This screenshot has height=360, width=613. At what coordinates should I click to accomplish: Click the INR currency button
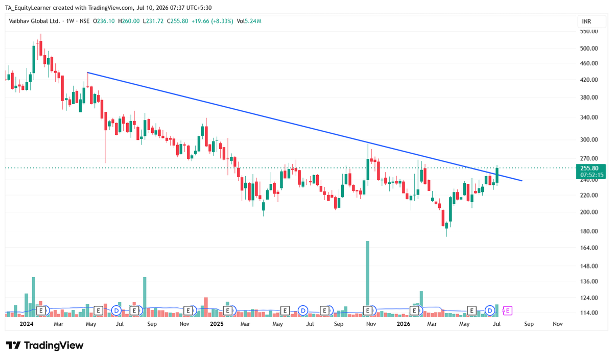click(592, 21)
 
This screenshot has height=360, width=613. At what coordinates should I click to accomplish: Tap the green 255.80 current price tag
click(591, 172)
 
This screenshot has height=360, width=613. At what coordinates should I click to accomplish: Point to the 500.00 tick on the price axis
click(589, 49)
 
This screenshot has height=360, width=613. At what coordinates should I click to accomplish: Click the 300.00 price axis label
click(589, 140)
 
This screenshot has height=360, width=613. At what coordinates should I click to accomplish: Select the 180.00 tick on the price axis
click(589, 231)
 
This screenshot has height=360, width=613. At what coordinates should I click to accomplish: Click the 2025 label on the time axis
click(217, 324)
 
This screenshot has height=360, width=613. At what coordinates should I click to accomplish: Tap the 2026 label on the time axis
click(404, 324)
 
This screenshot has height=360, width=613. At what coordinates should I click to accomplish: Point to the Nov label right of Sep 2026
click(558, 324)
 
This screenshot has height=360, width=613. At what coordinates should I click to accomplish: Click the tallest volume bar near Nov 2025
click(367, 279)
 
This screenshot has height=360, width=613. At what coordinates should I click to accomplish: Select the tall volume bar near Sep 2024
click(145, 297)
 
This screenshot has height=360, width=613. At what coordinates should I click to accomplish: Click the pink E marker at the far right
click(508, 311)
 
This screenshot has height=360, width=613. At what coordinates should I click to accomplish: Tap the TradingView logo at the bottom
click(44, 346)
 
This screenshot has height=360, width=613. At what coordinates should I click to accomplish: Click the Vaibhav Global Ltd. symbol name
click(34, 21)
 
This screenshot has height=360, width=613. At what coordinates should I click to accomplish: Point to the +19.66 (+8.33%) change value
click(212, 21)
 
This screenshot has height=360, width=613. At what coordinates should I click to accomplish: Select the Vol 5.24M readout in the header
click(249, 21)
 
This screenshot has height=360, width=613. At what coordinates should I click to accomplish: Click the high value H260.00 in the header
click(129, 21)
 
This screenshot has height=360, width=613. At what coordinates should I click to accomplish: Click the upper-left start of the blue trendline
click(87, 73)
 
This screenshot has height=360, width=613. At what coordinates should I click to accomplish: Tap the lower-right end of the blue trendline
click(522, 181)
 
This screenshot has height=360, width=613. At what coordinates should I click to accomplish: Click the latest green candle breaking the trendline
click(497, 175)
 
